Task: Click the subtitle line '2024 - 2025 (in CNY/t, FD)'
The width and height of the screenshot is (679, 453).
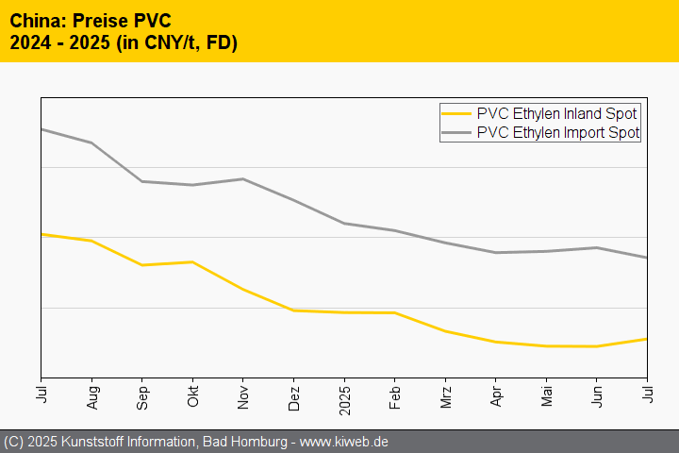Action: [123, 42]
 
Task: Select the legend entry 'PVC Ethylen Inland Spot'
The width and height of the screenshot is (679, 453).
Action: [557, 113]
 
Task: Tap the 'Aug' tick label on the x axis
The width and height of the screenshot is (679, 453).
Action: [91, 394]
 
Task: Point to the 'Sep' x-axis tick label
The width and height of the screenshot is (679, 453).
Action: [142, 394]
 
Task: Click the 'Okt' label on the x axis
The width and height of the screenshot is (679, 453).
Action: [192, 394]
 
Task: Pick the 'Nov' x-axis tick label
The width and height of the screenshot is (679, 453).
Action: [243, 394]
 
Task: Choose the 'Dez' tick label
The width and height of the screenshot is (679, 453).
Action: [294, 394]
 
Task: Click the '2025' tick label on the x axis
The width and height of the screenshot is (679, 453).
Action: [344, 395]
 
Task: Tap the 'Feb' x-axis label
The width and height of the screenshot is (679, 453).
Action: [395, 394]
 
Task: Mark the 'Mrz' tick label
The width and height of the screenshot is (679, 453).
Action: [445, 394]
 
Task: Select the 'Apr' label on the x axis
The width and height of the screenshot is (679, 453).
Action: [496, 394]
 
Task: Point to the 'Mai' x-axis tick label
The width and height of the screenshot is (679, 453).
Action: [546, 394]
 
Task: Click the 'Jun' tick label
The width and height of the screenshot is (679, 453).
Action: [597, 394]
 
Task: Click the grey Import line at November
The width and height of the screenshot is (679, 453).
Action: [243, 178]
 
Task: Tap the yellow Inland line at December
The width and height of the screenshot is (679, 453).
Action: [294, 310]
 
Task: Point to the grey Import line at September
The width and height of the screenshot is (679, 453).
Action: [142, 181]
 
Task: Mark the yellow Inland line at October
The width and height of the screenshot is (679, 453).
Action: [192, 261]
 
